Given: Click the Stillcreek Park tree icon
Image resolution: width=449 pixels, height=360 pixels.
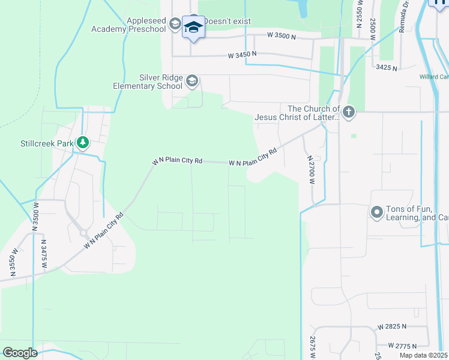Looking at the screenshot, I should click(83, 143).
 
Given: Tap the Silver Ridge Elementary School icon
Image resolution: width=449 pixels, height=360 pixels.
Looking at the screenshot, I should click(192, 81).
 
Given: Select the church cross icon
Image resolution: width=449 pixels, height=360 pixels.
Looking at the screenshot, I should click(349, 111).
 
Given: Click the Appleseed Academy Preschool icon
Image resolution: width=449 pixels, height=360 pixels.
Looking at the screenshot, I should click(175, 24).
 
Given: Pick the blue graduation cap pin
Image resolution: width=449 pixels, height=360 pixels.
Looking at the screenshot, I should click(193, 28).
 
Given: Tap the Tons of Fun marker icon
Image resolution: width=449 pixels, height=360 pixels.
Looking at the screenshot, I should click(377, 212).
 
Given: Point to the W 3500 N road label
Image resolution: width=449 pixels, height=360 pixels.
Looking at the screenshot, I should click(281, 37).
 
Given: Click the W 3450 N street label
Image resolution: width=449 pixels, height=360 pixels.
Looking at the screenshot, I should click(242, 55).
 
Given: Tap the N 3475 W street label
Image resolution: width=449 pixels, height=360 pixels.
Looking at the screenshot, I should click(44, 254).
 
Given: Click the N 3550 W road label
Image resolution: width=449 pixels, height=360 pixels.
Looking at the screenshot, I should click(13, 262).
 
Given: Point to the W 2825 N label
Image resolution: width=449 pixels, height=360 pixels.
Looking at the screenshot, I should click(392, 327).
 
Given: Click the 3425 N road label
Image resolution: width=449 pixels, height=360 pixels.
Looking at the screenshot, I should click(386, 68).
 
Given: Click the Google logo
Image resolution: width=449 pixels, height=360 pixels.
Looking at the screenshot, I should click(20, 353).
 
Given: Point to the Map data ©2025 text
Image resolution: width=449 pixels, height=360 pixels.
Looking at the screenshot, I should click(424, 355).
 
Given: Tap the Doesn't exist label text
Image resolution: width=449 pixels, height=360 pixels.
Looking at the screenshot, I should click(227, 21).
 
